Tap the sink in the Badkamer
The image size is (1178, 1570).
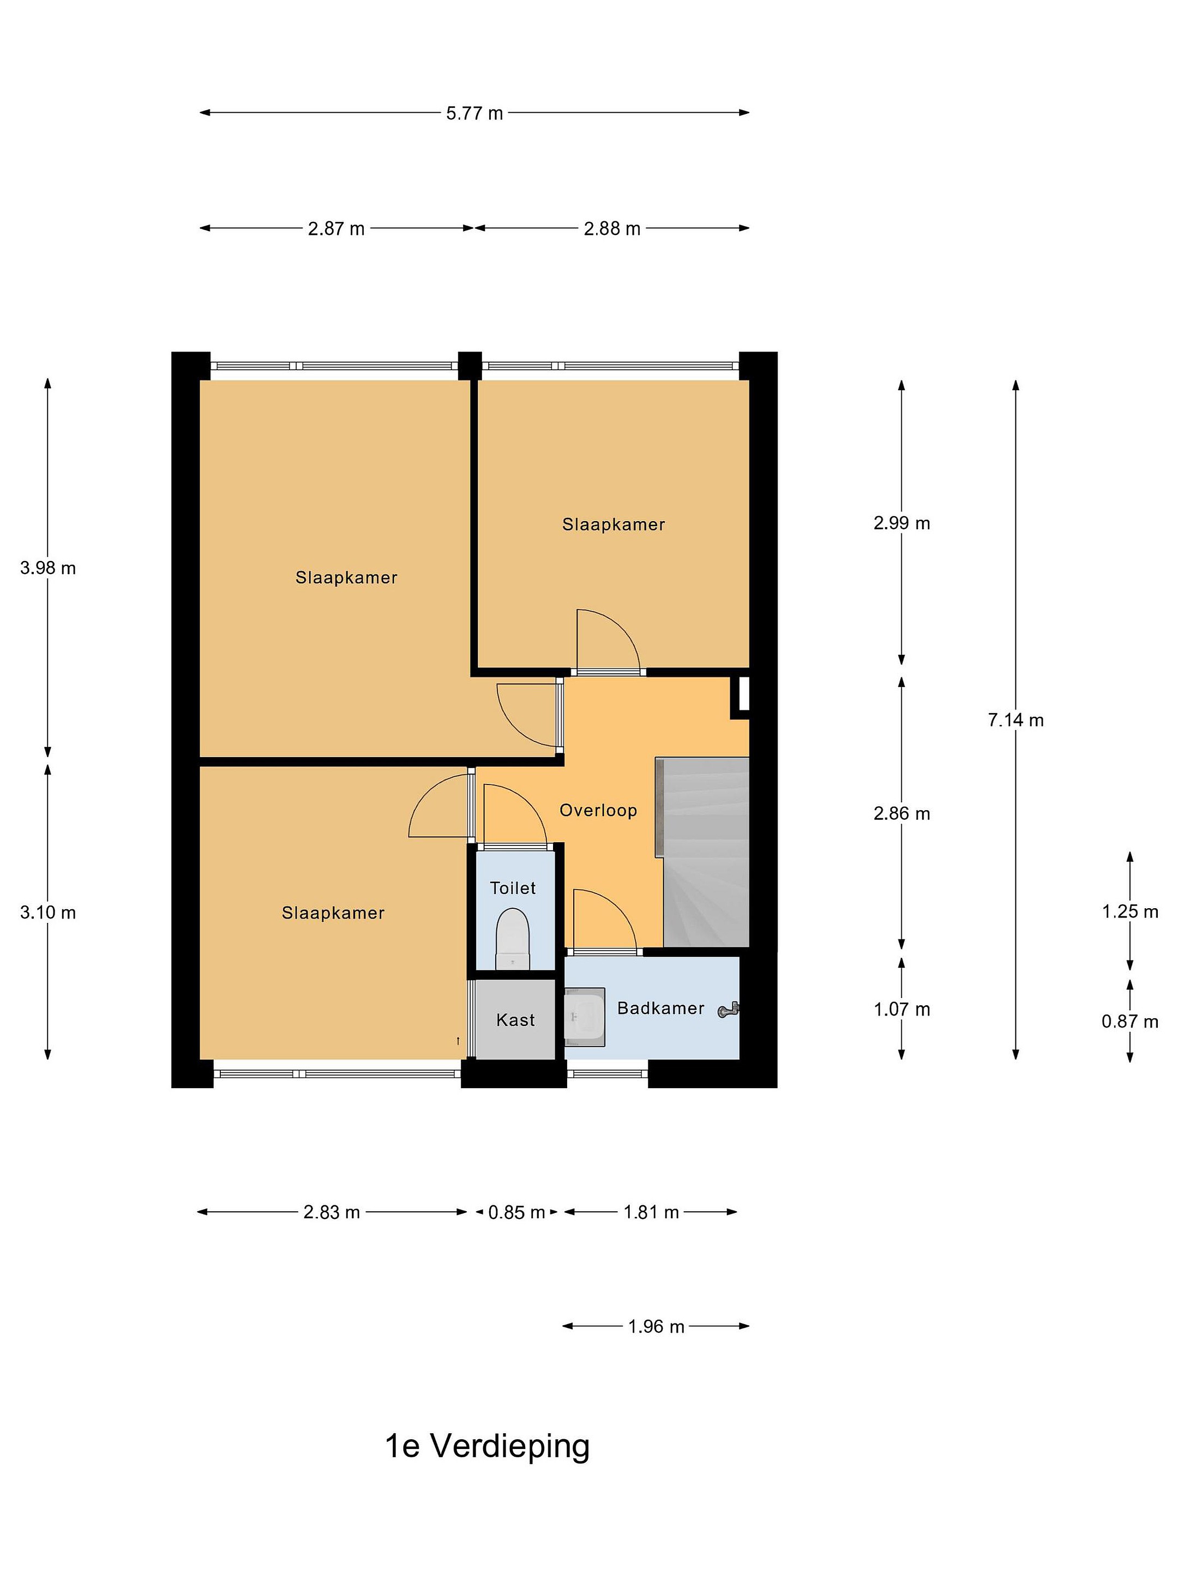click(x=585, y=1017)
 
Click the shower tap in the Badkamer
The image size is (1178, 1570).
click(x=729, y=1009)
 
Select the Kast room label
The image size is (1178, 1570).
click(x=515, y=1020)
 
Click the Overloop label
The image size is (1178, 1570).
click(x=598, y=810)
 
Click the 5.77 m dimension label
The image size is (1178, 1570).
click(x=474, y=113)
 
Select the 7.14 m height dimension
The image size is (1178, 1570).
click(x=1015, y=720)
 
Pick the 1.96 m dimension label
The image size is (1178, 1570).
click(x=656, y=1326)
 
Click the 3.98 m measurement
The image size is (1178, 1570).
click(x=47, y=568)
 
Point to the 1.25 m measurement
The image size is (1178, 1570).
click(x=1129, y=911)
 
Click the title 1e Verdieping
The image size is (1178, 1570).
click(x=487, y=1446)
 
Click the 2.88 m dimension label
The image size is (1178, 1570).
click(x=612, y=228)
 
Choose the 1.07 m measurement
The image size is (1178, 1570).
click(x=902, y=1009)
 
